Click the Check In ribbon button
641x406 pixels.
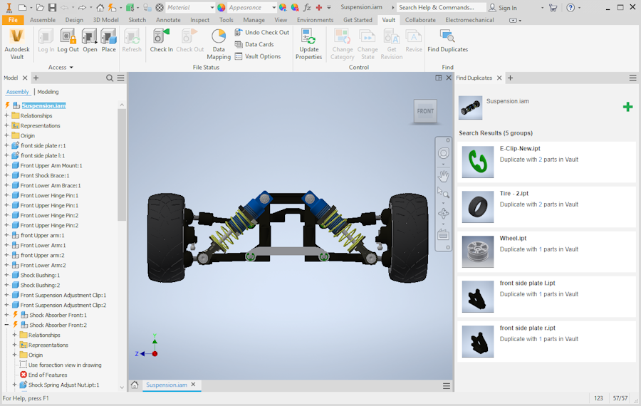(x=161, y=41)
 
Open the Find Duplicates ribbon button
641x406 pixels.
(x=448, y=41)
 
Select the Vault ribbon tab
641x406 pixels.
(x=388, y=20)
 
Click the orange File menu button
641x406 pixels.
(x=13, y=20)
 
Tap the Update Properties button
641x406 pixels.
(x=308, y=44)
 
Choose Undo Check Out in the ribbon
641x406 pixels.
(x=262, y=32)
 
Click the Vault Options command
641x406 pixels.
(x=258, y=56)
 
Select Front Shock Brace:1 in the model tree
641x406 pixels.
(x=45, y=175)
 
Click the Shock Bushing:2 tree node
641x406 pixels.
(x=40, y=285)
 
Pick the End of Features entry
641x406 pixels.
(x=43, y=375)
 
